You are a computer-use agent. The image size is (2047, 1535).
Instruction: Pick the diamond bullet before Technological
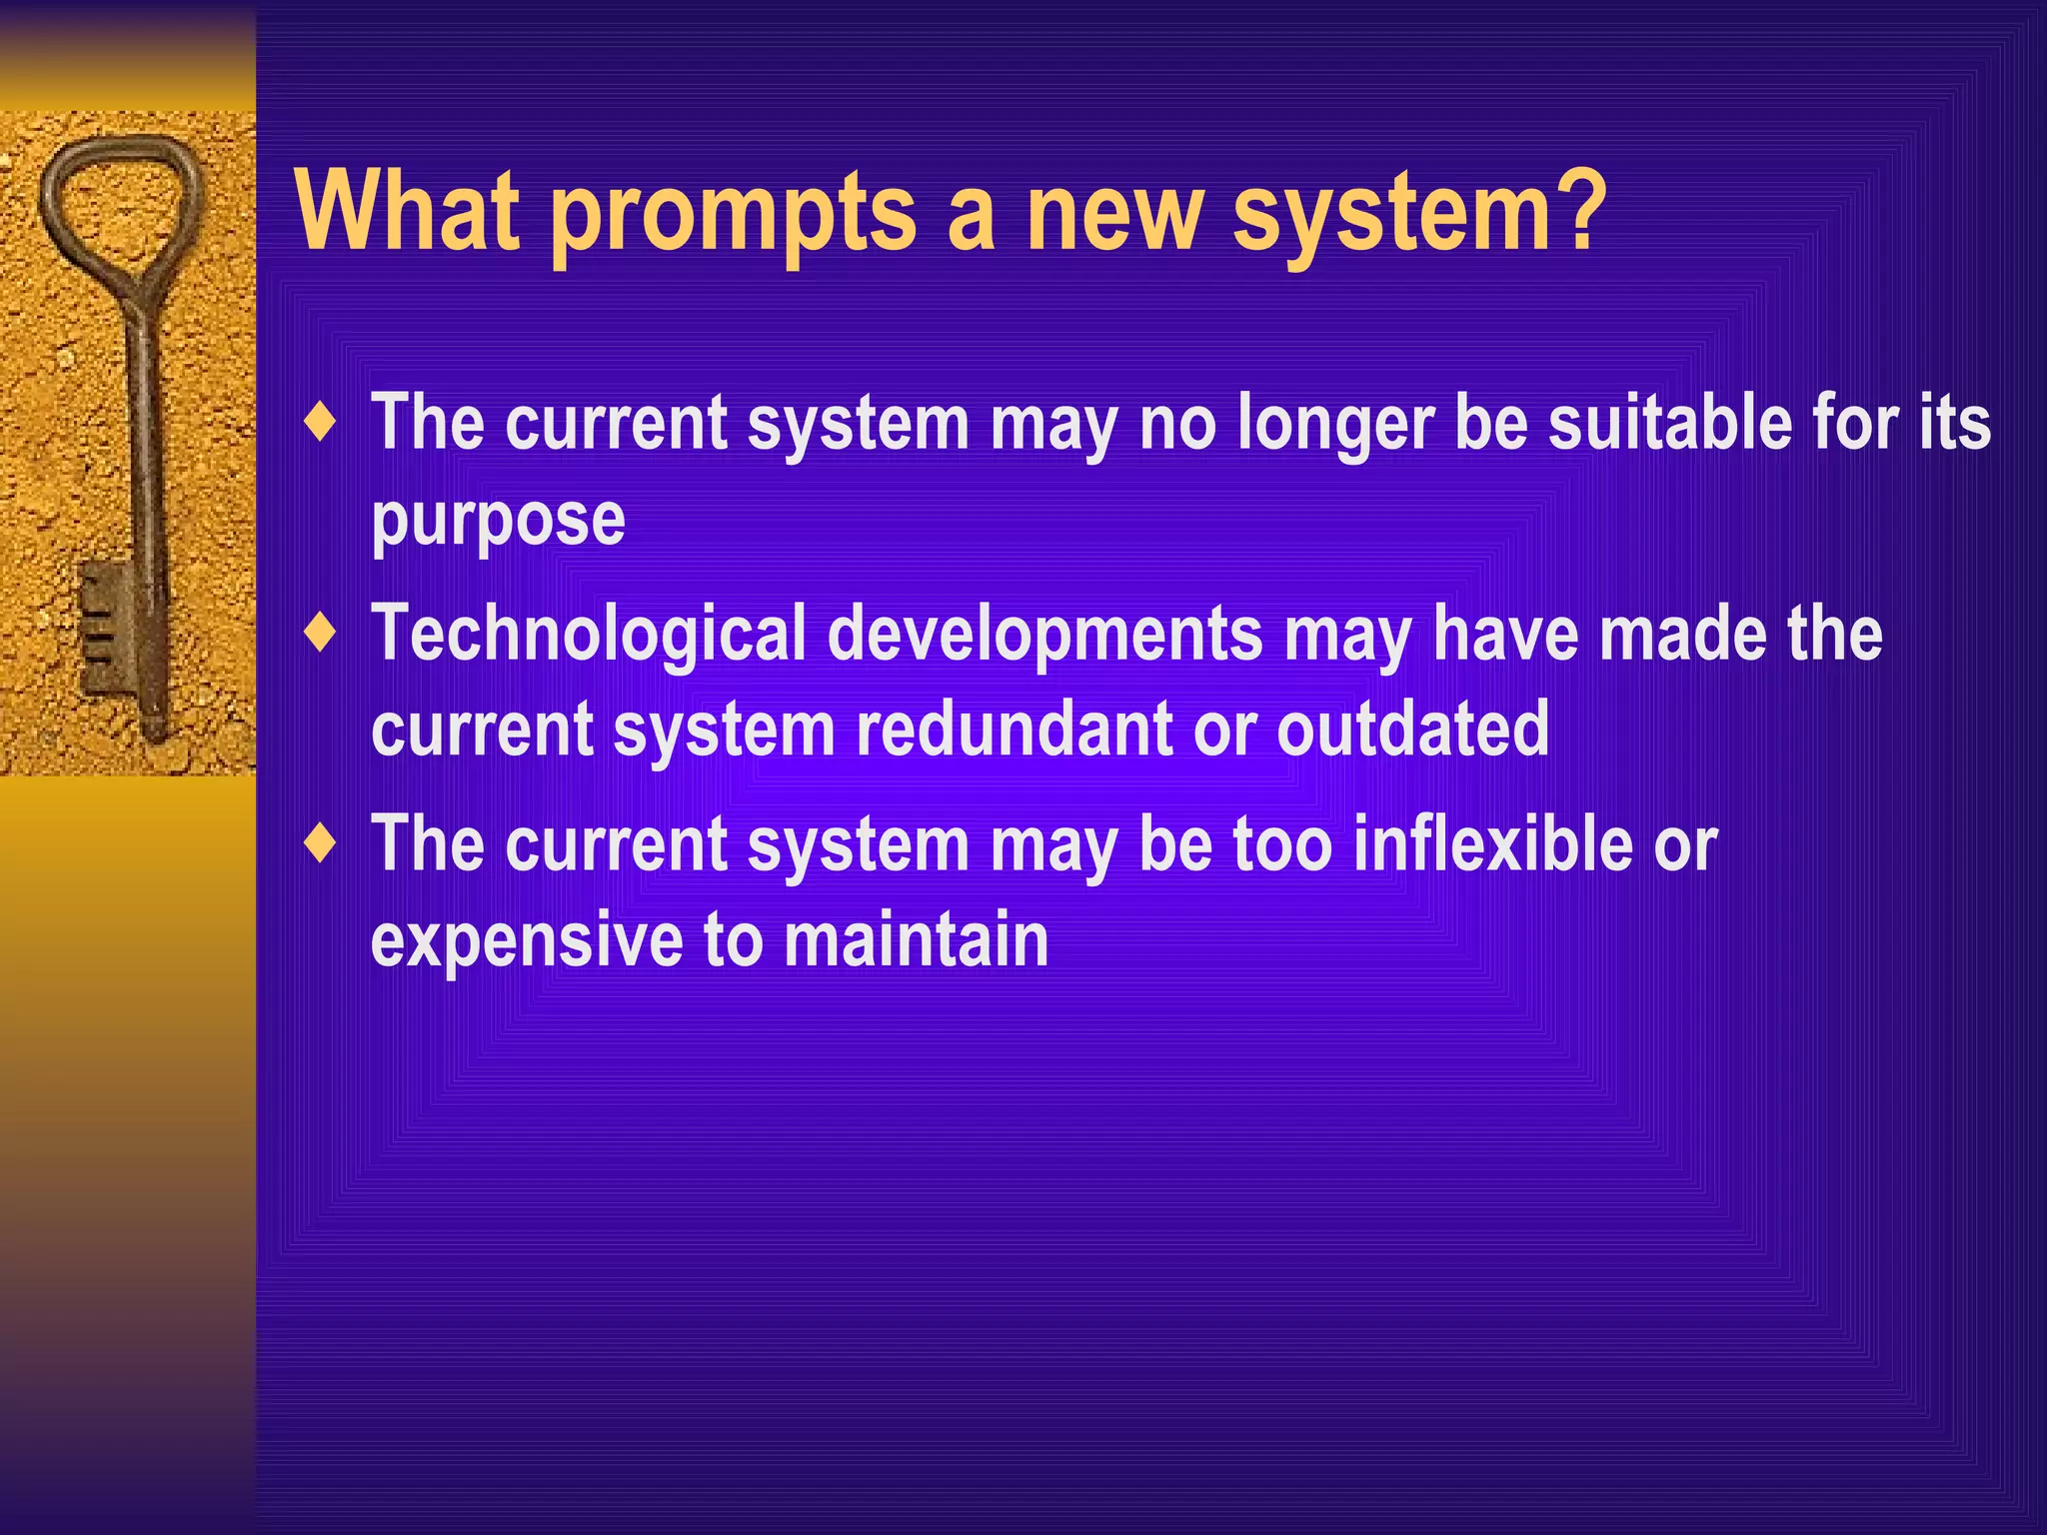[x=321, y=634]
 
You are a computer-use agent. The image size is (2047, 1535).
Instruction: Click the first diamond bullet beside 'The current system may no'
[x=321, y=423]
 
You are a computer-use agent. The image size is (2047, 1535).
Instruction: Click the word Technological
[x=589, y=636]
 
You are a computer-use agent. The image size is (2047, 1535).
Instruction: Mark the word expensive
[x=527, y=941]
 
